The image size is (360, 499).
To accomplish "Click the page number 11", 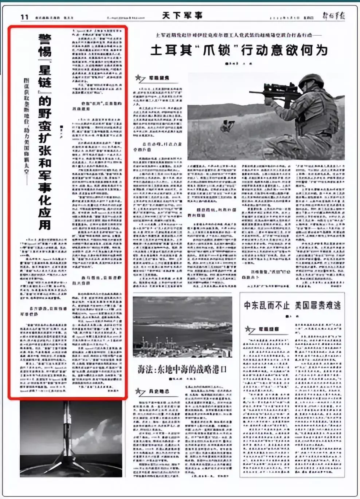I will [24, 17].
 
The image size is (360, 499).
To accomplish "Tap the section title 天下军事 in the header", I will [182, 16].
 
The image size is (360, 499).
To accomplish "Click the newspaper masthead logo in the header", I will [334, 16].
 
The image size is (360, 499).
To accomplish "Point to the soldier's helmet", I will [310, 81].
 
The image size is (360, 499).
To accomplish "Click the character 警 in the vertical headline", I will [45, 39].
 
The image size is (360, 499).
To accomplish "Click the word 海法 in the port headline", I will [146, 370].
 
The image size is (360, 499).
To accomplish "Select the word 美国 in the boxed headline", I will [303, 305].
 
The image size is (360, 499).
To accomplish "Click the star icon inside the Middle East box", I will [249, 330].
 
